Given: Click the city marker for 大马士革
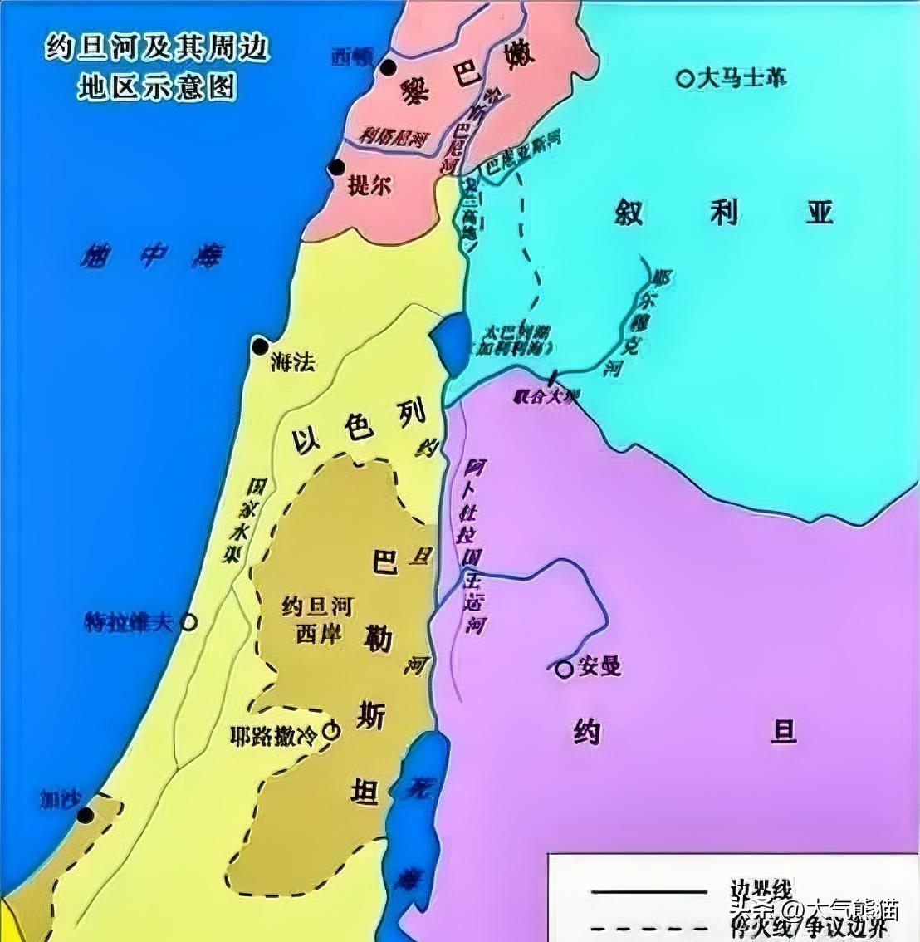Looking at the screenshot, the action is (x=685, y=79).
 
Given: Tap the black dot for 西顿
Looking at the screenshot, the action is (x=387, y=67).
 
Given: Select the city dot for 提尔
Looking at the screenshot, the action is (x=336, y=168).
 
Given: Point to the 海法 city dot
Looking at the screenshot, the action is (x=262, y=346).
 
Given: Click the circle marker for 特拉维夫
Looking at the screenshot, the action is (x=189, y=621).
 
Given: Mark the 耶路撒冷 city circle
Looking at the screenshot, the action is (x=331, y=731).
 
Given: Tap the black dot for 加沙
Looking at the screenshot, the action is (x=85, y=815).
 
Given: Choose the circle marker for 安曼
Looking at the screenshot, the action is (x=565, y=667).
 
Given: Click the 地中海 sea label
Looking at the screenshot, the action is (x=151, y=256).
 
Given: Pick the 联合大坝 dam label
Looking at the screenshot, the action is (x=546, y=396).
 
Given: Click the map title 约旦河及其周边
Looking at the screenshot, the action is (x=157, y=49).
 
